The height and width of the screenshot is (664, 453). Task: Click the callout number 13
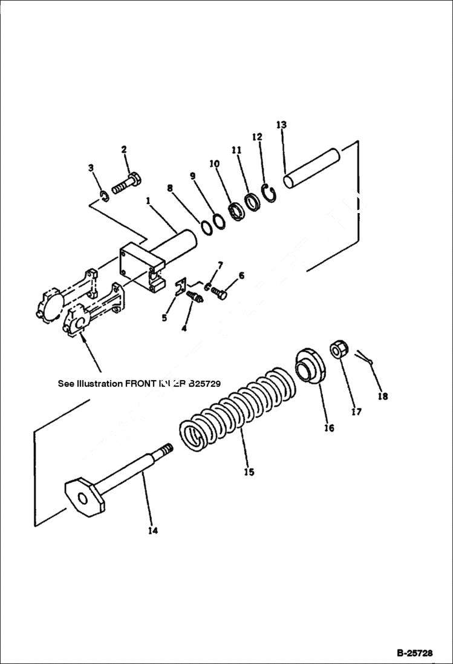tap(281, 125)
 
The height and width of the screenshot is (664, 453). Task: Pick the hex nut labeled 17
tap(337, 350)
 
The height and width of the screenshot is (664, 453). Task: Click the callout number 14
tap(152, 531)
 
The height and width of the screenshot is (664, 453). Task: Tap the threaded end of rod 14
tap(165, 451)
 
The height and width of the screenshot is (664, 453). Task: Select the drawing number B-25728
tap(414, 654)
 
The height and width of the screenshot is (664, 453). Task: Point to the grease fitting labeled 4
tap(195, 298)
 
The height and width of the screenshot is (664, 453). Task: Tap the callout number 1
tap(147, 200)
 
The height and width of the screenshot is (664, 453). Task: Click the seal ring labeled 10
tap(234, 211)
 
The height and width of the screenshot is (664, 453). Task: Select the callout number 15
tap(249, 472)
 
